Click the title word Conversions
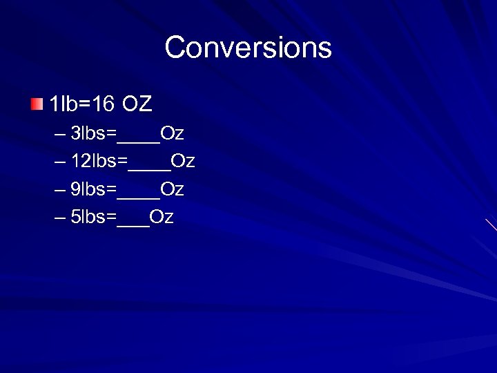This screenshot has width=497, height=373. pos(248,48)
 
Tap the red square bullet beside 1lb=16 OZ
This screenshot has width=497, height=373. pos(36,104)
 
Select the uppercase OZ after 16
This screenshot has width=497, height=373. pos(137,104)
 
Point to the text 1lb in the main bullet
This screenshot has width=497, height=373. pos(64,104)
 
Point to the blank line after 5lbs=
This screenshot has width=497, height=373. pos(133,222)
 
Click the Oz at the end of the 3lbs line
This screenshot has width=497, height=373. pos(172,133)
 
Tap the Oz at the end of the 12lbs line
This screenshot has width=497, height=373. pos(183,161)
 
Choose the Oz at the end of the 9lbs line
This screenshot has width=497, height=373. pos(172,189)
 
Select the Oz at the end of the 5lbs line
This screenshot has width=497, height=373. pos(162,217)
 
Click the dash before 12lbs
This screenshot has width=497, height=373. pos(59,162)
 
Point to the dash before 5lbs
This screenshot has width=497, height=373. pos(59,218)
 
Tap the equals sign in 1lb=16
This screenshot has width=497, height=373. pos(84,105)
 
